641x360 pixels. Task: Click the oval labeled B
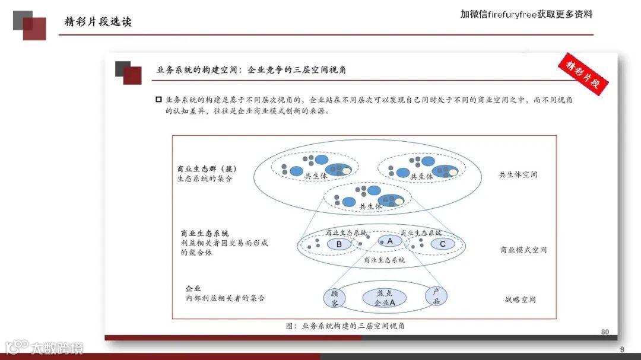pyautogui.click(x=339, y=244)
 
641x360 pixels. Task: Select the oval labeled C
pyautogui.click(x=442, y=244)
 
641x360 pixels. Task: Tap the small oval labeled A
pyautogui.click(x=390, y=241)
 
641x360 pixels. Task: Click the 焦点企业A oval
pyautogui.click(x=384, y=298)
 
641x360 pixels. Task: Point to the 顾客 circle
pyautogui.click(x=335, y=298)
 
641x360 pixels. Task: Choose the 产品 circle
pyautogui.click(x=436, y=297)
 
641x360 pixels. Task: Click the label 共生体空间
pyautogui.click(x=518, y=175)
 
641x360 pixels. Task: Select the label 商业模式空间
pyautogui.click(x=523, y=250)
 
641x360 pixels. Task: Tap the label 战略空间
pyautogui.click(x=520, y=300)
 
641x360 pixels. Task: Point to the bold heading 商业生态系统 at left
pyautogui.click(x=205, y=234)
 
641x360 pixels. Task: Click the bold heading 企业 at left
pyautogui.click(x=193, y=288)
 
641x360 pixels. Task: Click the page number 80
pyautogui.click(x=605, y=332)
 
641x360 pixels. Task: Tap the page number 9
pyautogui.click(x=622, y=349)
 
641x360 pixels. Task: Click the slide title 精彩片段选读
pyautogui.click(x=98, y=22)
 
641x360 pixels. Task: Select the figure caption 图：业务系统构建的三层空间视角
pyautogui.click(x=345, y=326)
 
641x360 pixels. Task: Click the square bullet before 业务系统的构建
pyautogui.click(x=158, y=100)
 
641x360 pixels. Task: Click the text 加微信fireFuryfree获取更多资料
pyautogui.click(x=526, y=14)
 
